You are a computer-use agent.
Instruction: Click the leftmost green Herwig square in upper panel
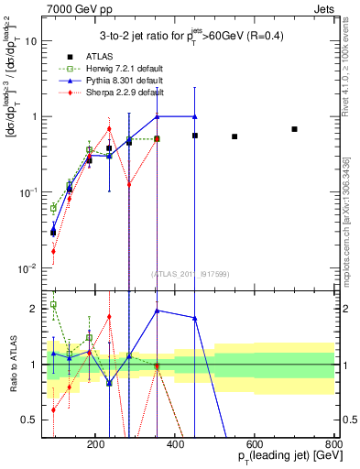coord(53,208)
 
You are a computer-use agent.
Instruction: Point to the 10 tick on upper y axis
coord(34,41)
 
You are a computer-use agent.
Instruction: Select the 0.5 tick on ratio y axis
coord(32,420)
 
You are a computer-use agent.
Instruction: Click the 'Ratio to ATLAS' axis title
coord(12,364)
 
